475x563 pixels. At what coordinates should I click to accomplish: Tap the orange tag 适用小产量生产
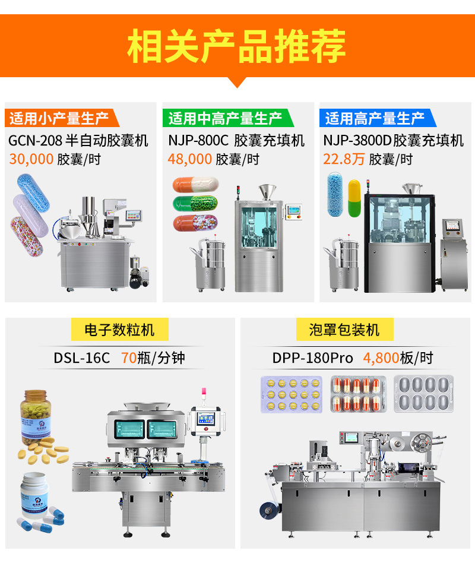click(x=59, y=118)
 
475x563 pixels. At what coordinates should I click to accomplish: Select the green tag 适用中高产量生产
click(x=225, y=118)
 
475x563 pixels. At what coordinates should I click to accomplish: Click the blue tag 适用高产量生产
click(x=375, y=118)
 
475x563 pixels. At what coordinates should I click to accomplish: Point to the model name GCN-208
click(x=34, y=141)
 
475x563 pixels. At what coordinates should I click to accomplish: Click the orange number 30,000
click(x=30, y=159)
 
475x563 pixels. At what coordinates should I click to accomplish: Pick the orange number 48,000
click(x=189, y=159)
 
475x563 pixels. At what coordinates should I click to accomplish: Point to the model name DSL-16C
click(x=82, y=358)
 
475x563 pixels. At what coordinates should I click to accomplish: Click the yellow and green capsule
click(x=354, y=198)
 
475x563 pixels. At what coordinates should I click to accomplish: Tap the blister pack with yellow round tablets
click(x=292, y=394)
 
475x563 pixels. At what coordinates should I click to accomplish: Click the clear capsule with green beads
click(x=195, y=204)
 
